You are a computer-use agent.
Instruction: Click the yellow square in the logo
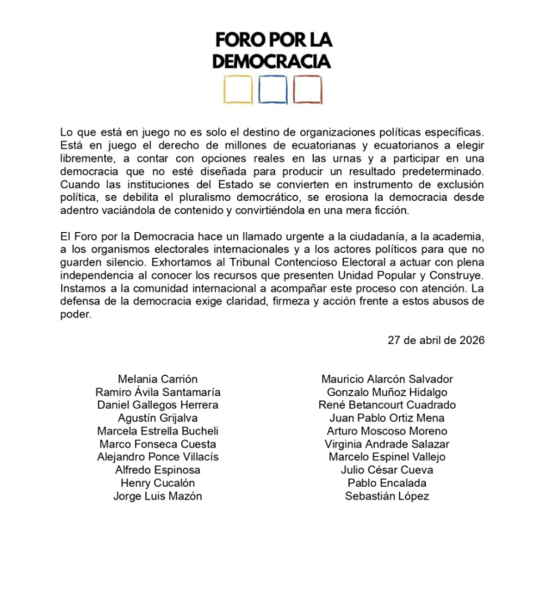point(238,90)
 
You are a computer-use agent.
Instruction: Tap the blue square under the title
point(273,90)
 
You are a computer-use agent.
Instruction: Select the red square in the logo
point(308,90)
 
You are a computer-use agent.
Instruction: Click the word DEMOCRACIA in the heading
point(272,61)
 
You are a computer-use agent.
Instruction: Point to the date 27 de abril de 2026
point(436,340)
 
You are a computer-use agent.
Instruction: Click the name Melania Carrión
point(158,379)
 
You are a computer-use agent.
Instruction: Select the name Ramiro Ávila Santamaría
point(158,392)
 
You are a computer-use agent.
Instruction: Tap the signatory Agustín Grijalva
point(158,418)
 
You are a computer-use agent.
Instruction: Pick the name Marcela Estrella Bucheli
point(158,431)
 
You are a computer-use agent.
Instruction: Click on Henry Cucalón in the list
point(158,483)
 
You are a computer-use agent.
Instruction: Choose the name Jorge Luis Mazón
point(158,496)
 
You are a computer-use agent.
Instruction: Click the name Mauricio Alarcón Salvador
point(387,379)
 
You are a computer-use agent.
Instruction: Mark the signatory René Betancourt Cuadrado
point(387,405)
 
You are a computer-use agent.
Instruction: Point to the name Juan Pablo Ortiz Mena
point(387,418)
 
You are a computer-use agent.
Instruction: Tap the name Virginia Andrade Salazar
point(387,444)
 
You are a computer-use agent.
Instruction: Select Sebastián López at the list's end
point(387,496)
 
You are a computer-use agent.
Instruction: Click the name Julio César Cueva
point(387,470)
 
